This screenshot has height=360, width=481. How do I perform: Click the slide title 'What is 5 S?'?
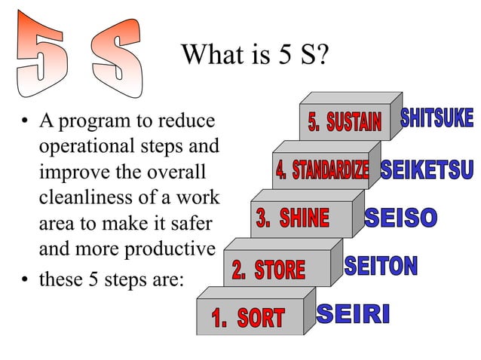point(256,55)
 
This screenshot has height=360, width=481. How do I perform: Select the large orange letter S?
point(116,52)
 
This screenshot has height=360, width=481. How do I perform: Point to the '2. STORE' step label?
point(268,269)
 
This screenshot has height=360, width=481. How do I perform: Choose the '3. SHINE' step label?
point(293,219)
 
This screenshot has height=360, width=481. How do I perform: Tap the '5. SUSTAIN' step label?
point(345,121)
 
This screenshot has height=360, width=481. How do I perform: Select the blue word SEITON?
point(381,266)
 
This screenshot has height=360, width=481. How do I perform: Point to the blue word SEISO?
point(401,218)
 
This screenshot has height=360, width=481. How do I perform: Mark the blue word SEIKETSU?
point(427,170)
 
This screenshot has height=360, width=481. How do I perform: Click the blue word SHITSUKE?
point(437,118)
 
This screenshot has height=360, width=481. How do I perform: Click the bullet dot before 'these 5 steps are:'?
point(26,280)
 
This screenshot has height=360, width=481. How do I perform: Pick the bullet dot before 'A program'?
point(26,121)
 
